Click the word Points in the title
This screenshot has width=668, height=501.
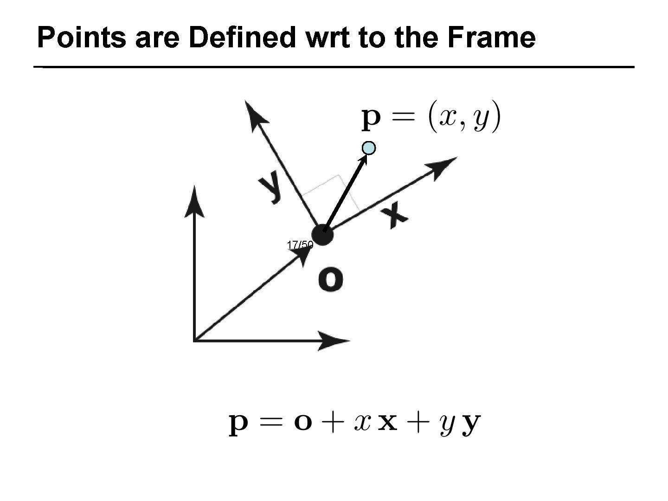82,38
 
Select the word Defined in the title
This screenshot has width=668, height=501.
242,38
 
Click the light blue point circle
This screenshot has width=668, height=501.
368,148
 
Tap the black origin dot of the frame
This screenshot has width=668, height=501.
322,234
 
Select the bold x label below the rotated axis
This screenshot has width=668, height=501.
394,217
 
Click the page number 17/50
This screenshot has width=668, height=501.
300,244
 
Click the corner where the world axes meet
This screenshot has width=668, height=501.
194,340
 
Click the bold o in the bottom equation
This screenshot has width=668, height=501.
303,424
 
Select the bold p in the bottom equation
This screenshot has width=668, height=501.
239,425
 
